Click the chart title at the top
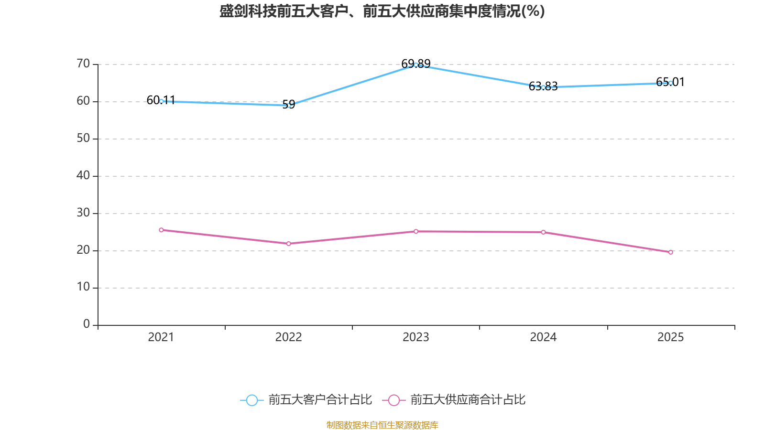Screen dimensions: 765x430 point(382,11)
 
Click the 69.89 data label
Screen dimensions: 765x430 point(415,64)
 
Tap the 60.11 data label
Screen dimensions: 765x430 point(161,100)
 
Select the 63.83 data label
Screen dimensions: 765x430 point(543,86)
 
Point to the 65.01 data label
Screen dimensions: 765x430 point(670,82)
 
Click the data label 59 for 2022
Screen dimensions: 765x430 point(289,104)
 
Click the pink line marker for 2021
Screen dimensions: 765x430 point(161,230)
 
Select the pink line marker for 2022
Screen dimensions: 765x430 point(289,244)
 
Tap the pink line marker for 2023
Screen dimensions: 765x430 point(416,231)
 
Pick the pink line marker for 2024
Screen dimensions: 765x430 point(543,232)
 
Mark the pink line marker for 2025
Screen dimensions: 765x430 point(671,252)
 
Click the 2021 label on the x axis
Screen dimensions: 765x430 point(161,337)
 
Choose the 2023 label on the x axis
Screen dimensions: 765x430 point(415,337)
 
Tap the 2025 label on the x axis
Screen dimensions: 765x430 point(670,337)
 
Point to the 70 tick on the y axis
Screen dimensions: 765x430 point(83,64)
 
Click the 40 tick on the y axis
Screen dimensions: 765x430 point(83,175)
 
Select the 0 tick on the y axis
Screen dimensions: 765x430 point(87,324)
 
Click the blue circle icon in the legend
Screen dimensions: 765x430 point(252,400)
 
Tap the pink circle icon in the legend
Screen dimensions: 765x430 point(394,400)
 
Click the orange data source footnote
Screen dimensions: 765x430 point(382,425)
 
